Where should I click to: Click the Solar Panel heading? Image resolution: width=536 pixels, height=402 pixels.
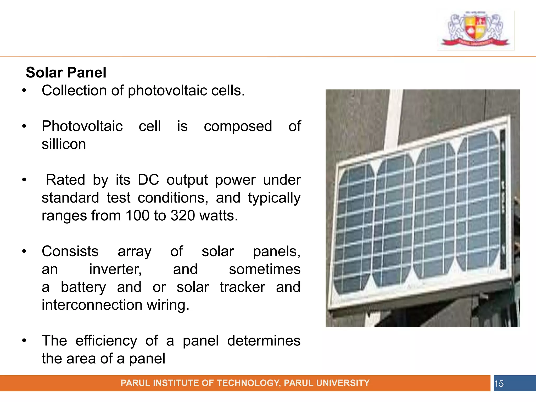[66, 72]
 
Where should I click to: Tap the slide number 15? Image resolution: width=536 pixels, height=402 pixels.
[499, 384]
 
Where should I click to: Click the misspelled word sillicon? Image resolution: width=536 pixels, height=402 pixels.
[64, 144]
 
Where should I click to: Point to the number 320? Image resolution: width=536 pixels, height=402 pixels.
[183, 216]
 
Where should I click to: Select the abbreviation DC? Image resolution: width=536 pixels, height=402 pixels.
[148, 180]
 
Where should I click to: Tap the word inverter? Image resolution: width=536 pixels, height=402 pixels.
[115, 269]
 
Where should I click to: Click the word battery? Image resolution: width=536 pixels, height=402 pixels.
[83, 287]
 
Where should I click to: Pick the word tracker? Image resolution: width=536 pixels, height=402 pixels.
[242, 287]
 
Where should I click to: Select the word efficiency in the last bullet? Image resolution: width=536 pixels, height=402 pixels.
[106, 341]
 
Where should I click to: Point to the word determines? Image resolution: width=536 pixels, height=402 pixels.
[264, 341]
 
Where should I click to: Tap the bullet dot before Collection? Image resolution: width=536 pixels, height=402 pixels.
[24, 91]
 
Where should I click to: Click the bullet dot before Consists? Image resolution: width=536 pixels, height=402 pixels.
[24, 252]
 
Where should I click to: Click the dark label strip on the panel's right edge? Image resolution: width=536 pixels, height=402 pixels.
[503, 199]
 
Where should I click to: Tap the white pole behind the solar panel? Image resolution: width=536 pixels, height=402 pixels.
[392, 115]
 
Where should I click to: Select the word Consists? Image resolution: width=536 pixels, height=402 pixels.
[70, 252]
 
